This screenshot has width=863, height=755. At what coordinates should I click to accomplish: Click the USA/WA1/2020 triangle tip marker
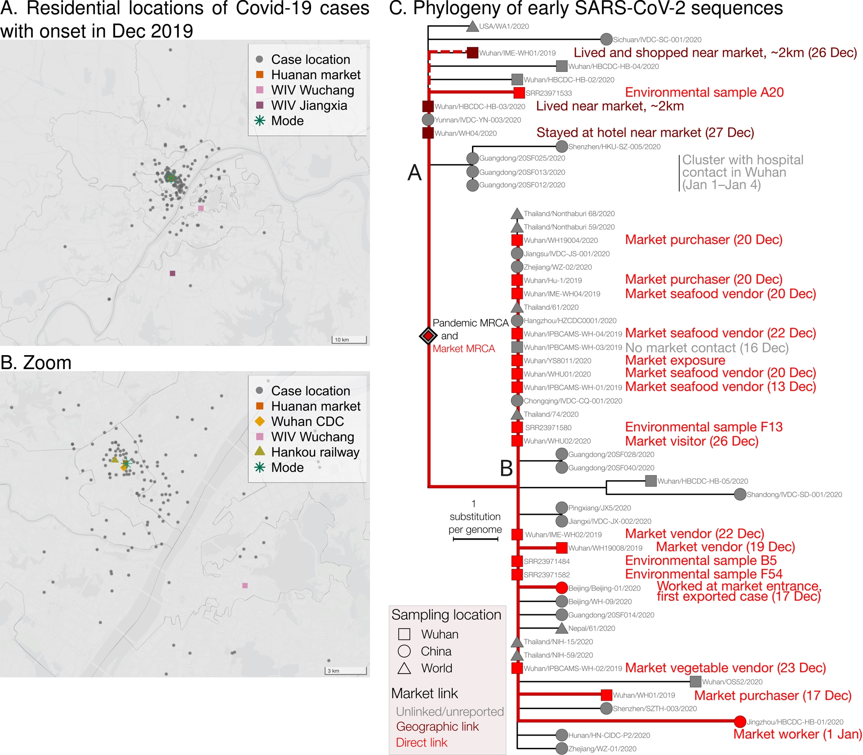(472, 27)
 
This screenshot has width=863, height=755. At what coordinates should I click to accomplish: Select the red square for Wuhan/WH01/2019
(606, 695)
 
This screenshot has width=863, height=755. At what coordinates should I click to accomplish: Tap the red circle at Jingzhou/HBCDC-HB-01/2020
(740, 722)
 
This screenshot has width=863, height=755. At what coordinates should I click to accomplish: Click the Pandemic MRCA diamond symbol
(428, 335)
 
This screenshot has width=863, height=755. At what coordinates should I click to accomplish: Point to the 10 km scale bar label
(342, 340)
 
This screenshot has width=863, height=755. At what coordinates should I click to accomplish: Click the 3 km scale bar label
(333, 671)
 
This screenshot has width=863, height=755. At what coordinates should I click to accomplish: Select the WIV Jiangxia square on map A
(173, 273)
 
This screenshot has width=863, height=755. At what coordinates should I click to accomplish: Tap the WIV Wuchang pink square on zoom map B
(245, 585)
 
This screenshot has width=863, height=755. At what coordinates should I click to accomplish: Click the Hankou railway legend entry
(315, 452)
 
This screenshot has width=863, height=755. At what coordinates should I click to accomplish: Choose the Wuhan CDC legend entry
(307, 421)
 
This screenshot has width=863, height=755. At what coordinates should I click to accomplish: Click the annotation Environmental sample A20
(704, 92)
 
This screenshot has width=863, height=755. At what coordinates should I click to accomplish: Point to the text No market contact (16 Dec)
(707, 348)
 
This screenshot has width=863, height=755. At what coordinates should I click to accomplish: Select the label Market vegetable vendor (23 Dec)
(725, 668)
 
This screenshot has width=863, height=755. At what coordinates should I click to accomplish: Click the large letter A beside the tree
(414, 173)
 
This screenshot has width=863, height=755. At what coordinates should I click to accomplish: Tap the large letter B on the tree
(506, 468)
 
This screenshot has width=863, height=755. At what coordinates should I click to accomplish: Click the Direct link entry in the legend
(421, 742)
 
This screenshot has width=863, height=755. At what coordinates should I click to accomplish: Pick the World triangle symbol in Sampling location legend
(404, 668)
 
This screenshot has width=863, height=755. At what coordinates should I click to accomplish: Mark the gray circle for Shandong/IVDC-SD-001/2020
(740, 495)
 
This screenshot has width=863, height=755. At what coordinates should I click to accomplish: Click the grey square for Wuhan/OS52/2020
(695, 682)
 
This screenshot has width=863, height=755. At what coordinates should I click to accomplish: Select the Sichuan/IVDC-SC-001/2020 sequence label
(657, 40)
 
